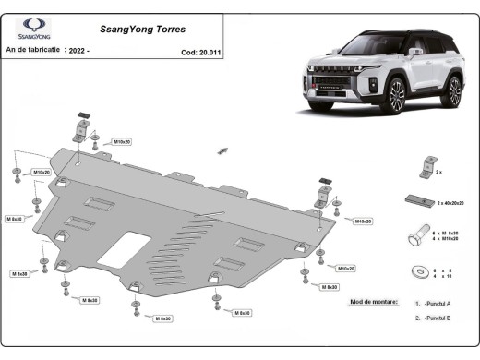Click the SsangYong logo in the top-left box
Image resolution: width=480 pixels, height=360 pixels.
pos(33,28)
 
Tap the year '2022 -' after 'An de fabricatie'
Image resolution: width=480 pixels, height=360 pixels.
pos(80,50)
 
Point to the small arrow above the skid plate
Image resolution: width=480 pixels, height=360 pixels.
pos(222,149)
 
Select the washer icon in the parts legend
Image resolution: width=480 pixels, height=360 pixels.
pos(417,271)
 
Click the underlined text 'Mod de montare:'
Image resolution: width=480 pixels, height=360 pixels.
pos(376,302)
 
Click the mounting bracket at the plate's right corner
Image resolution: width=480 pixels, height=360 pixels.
pos(323,197)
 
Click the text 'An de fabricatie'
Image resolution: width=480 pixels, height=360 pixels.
pos(33,50)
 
